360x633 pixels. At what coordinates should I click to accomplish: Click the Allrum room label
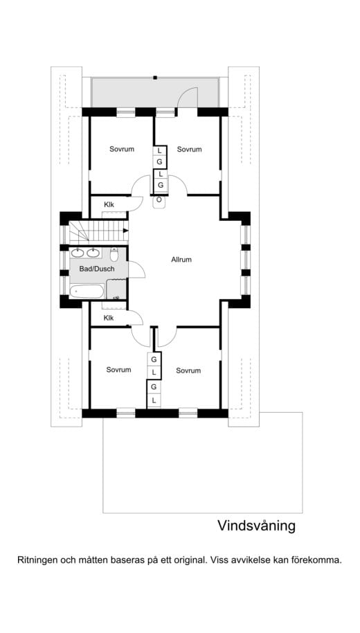click(181, 260)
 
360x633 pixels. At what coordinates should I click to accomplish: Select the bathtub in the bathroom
click(87, 291)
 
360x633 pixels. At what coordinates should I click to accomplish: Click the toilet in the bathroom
click(115, 254)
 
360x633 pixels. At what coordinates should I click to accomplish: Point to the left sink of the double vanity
click(78, 253)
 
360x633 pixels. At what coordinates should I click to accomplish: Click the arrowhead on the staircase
click(125, 231)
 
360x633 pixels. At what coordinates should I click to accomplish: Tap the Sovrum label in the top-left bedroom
click(121, 149)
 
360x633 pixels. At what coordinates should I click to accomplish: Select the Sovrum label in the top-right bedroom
click(188, 149)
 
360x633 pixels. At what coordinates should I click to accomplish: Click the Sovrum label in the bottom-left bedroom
click(118, 370)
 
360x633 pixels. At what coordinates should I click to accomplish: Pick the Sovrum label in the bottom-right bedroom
click(188, 371)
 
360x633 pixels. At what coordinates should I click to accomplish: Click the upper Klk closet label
click(109, 204)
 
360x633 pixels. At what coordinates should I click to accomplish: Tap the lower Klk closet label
click(109, 318)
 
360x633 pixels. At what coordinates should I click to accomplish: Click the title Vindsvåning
click(256, 526)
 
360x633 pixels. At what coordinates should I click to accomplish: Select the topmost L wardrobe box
click(160, 150)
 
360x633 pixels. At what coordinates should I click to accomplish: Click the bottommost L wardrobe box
click(153, 400)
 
